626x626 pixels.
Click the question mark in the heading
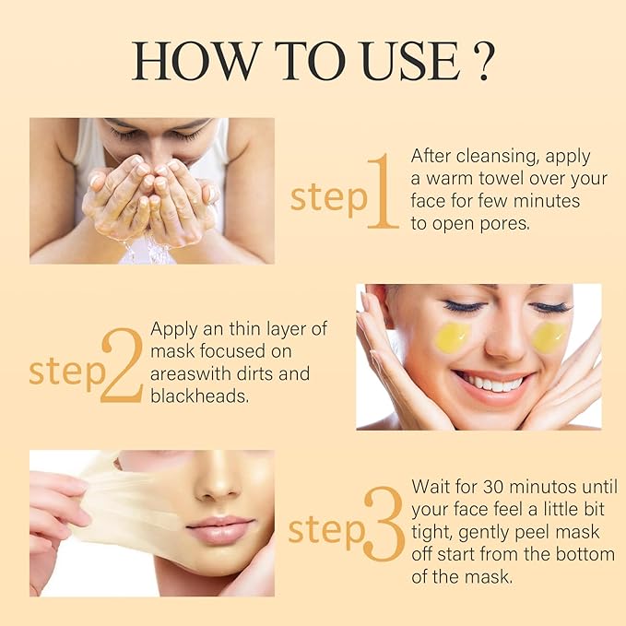478,61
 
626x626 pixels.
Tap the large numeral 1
382,192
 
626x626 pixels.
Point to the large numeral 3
382,526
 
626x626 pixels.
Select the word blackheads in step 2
198,396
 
